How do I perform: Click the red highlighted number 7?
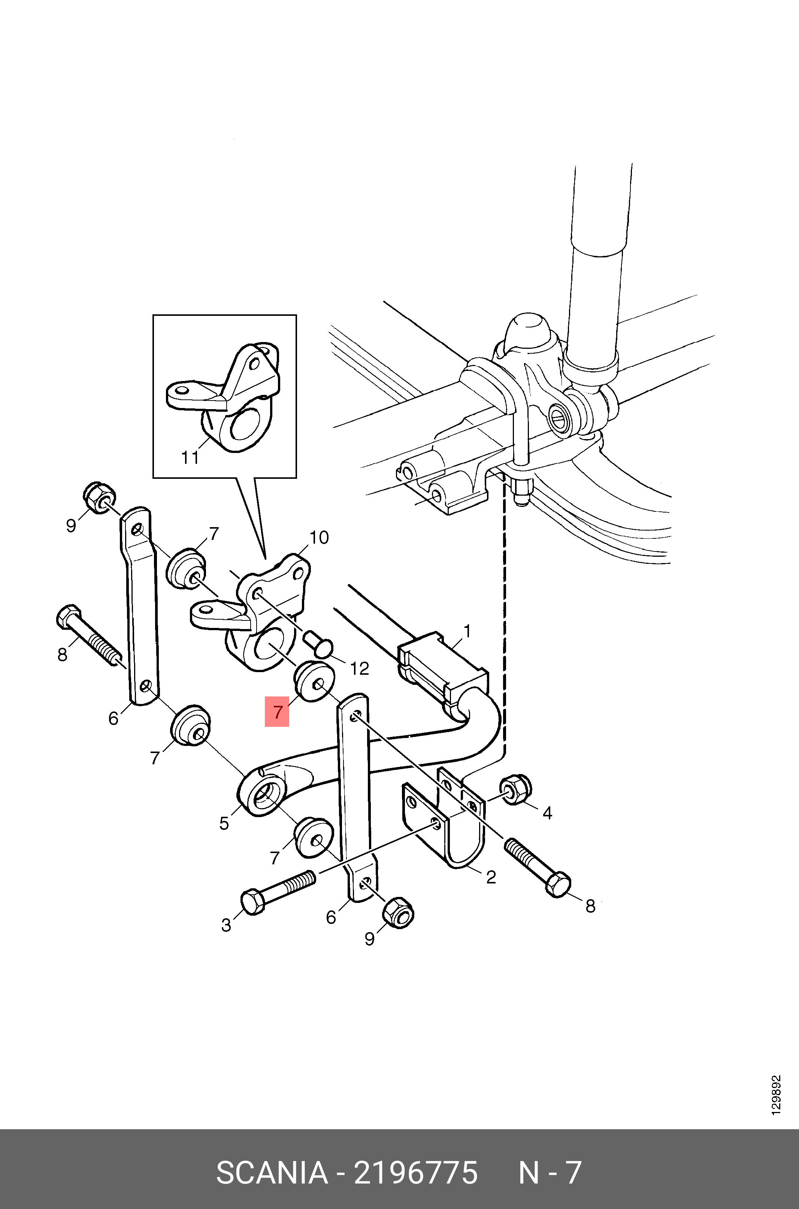(x=277, y=712)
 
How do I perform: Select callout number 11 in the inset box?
(x=190, y=458)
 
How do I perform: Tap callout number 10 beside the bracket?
(x=319, y=538)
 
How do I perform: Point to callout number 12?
(x=360, y=668)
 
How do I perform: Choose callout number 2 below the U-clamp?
(x=491, y=877)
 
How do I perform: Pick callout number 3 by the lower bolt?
(x=226, y=925)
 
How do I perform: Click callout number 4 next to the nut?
(x=547, y=813)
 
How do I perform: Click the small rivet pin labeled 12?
(x=318, y=642)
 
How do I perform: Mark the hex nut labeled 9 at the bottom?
(x=398, y=913)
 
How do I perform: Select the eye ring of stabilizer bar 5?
(x=260, y=795)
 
